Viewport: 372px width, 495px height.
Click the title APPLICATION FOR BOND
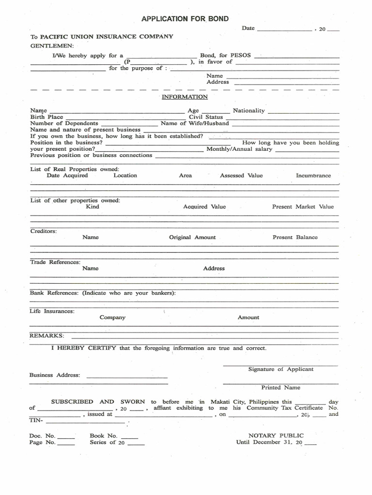point(185,19)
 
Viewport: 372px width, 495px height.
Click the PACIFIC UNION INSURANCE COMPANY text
point(107,37)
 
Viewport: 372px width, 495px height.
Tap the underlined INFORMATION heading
point(185,97)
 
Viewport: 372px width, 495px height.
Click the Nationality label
point(249,111)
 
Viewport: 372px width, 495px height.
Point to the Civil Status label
point(206,117)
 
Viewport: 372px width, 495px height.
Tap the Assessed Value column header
point(241,175)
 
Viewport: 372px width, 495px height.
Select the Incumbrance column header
point(313,175)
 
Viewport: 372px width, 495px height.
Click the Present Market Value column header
point(303,206)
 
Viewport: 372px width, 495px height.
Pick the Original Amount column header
point(192,237)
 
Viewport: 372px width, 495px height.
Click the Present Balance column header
point(295,237)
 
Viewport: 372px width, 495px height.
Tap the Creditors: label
point(44,231)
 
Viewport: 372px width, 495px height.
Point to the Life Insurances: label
point(52,311)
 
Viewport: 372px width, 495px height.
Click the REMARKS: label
point(46,335)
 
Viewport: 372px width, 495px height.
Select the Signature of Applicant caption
point(280,369)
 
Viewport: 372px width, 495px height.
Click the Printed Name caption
point(280,387)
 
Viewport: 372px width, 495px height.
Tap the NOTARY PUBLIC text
point(276,436)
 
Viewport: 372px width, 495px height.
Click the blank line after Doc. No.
point(66,437)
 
